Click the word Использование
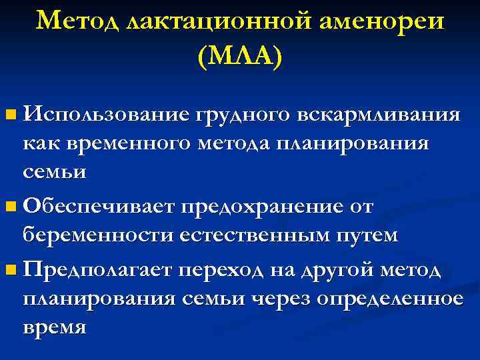(106, 115)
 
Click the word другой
(338, 271)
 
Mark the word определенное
(393, 299)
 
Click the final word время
(54, 327)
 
